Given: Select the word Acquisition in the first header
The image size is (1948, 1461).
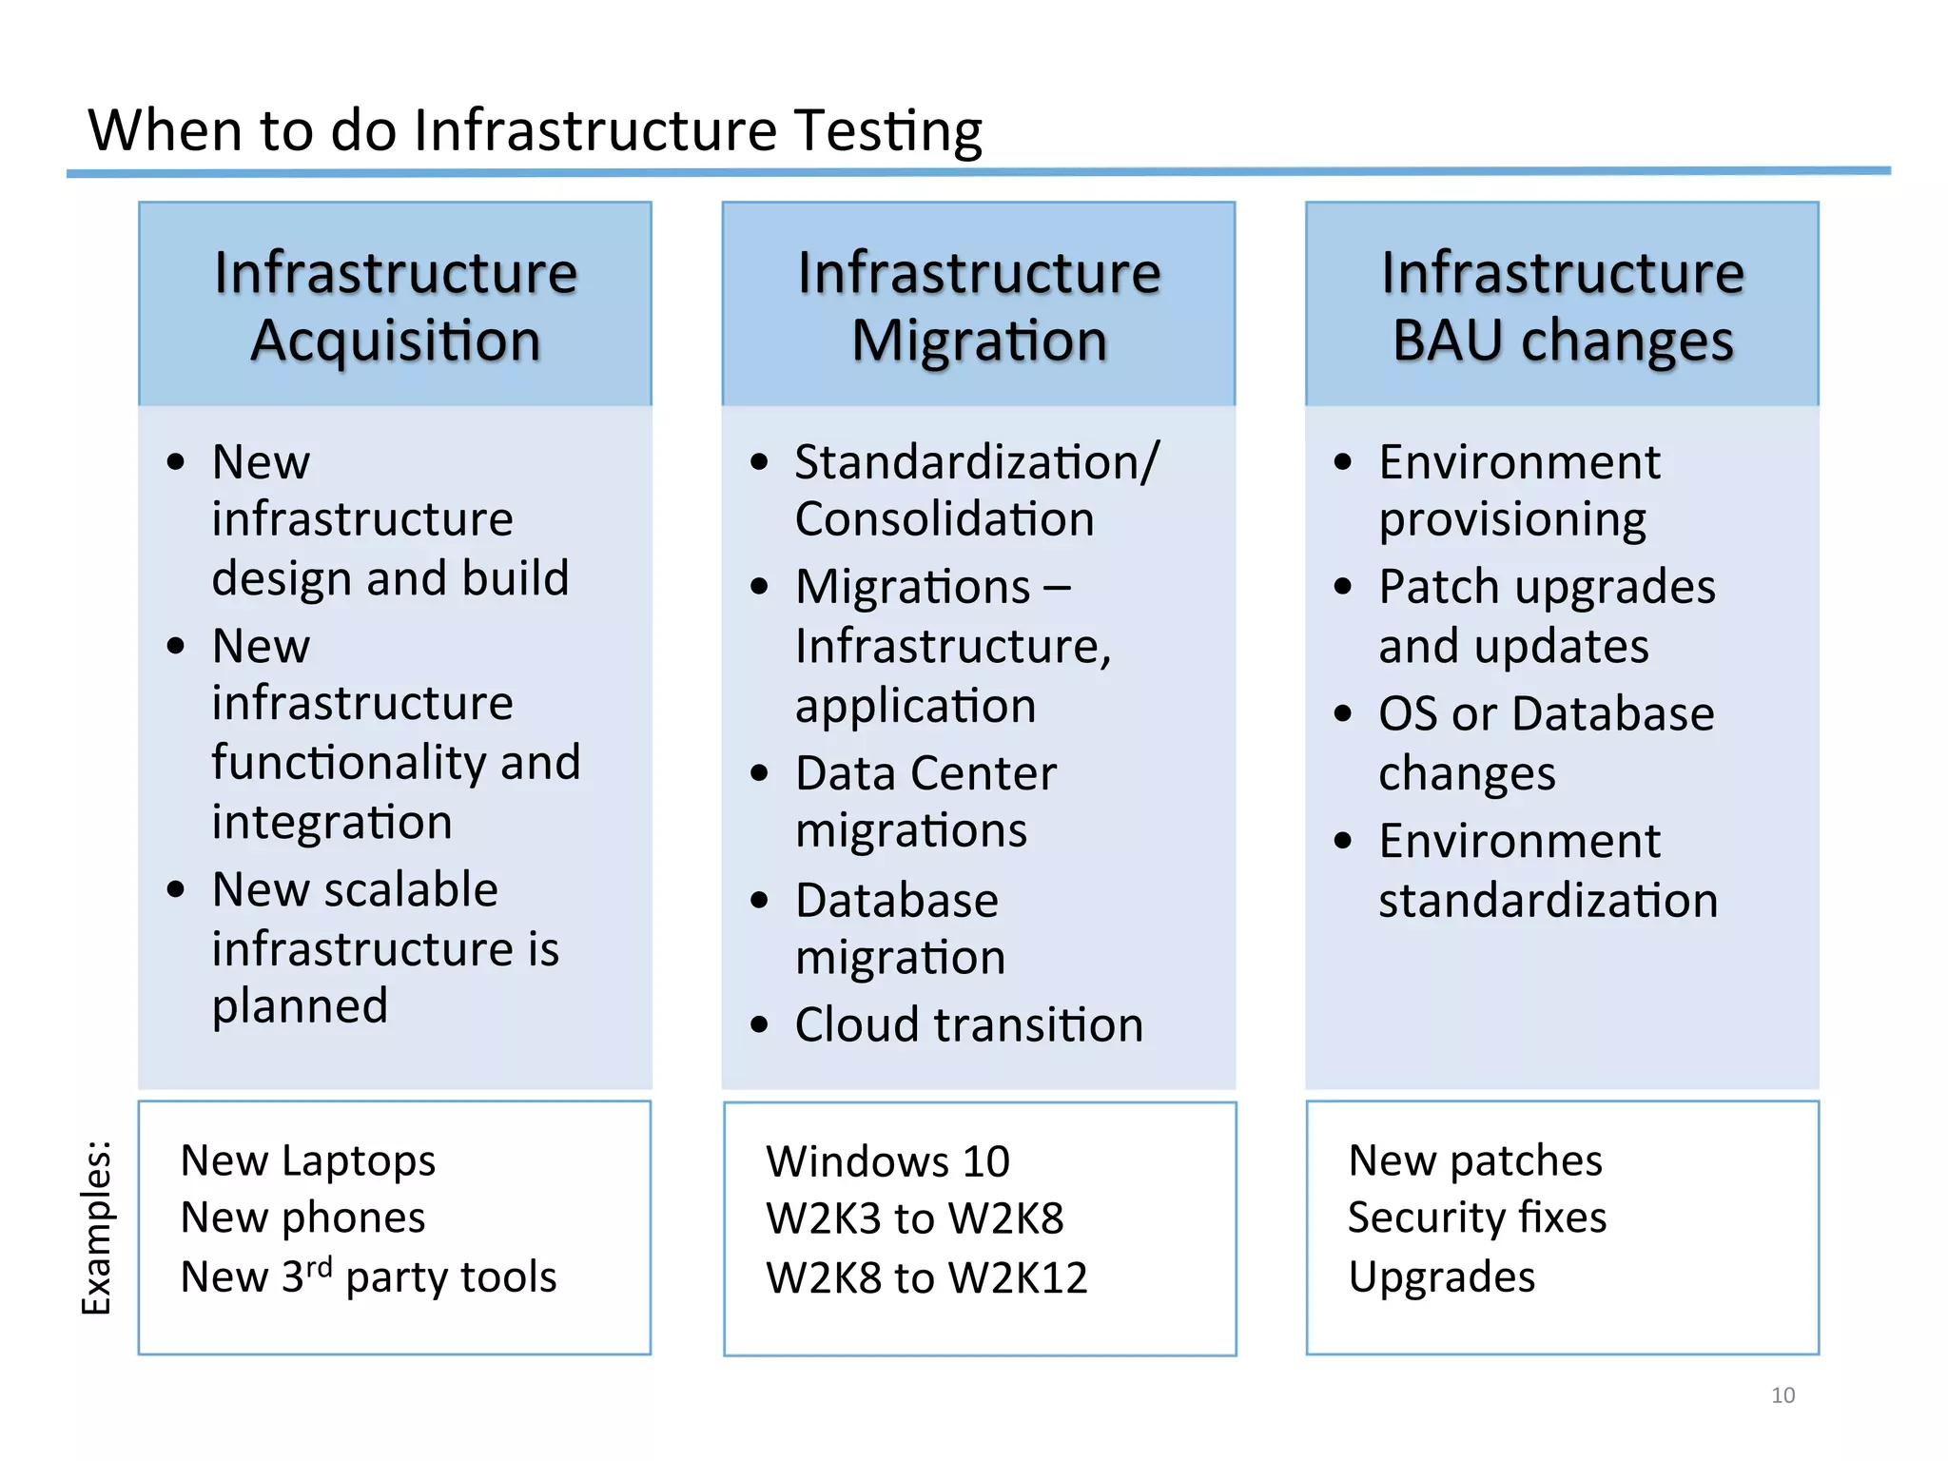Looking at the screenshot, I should [x=396, y=341].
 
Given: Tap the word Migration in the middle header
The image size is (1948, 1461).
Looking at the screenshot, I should [x=979, y=341].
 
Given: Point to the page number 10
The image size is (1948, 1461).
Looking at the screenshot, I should [x=1782, y=1395].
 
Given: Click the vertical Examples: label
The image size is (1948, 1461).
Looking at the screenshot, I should [x=97, y=1227].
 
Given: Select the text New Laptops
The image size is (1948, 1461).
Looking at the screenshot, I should [x=308, y=1160].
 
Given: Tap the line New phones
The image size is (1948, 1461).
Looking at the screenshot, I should [x=302, y=1218].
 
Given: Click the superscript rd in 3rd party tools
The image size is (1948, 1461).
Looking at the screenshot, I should [x=320, y=1266].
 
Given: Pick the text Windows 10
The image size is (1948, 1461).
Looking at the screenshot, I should [x=887, y=1161].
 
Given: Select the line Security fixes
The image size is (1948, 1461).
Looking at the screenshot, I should [x=1477, y=1218].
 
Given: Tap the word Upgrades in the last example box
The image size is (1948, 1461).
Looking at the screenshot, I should [x=1441, y=1276].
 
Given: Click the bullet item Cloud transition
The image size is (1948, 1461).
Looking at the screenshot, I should [x=968, y=1025].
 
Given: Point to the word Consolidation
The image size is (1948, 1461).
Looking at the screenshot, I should [x=945, y=519].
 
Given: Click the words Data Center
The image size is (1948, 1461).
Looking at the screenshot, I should [x=925, y=773].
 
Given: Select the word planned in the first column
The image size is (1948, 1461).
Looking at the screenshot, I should [x=300, y=1006].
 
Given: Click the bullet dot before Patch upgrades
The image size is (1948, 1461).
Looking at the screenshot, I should [x=1342, y=587].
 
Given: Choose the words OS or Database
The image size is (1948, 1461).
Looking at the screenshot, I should [x=1546, y=713].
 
